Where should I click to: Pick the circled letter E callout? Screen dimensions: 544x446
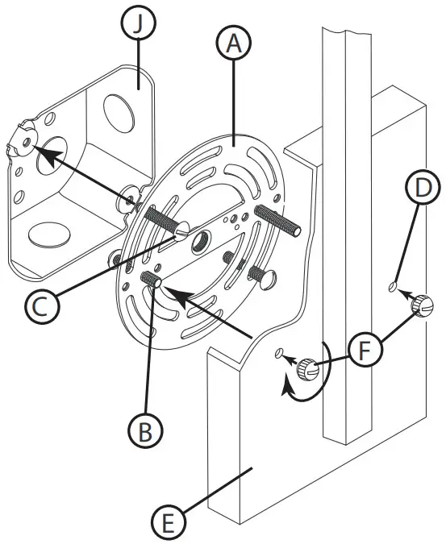166,523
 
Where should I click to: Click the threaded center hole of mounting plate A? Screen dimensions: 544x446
198,239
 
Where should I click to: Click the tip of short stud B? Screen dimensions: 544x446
156,283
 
